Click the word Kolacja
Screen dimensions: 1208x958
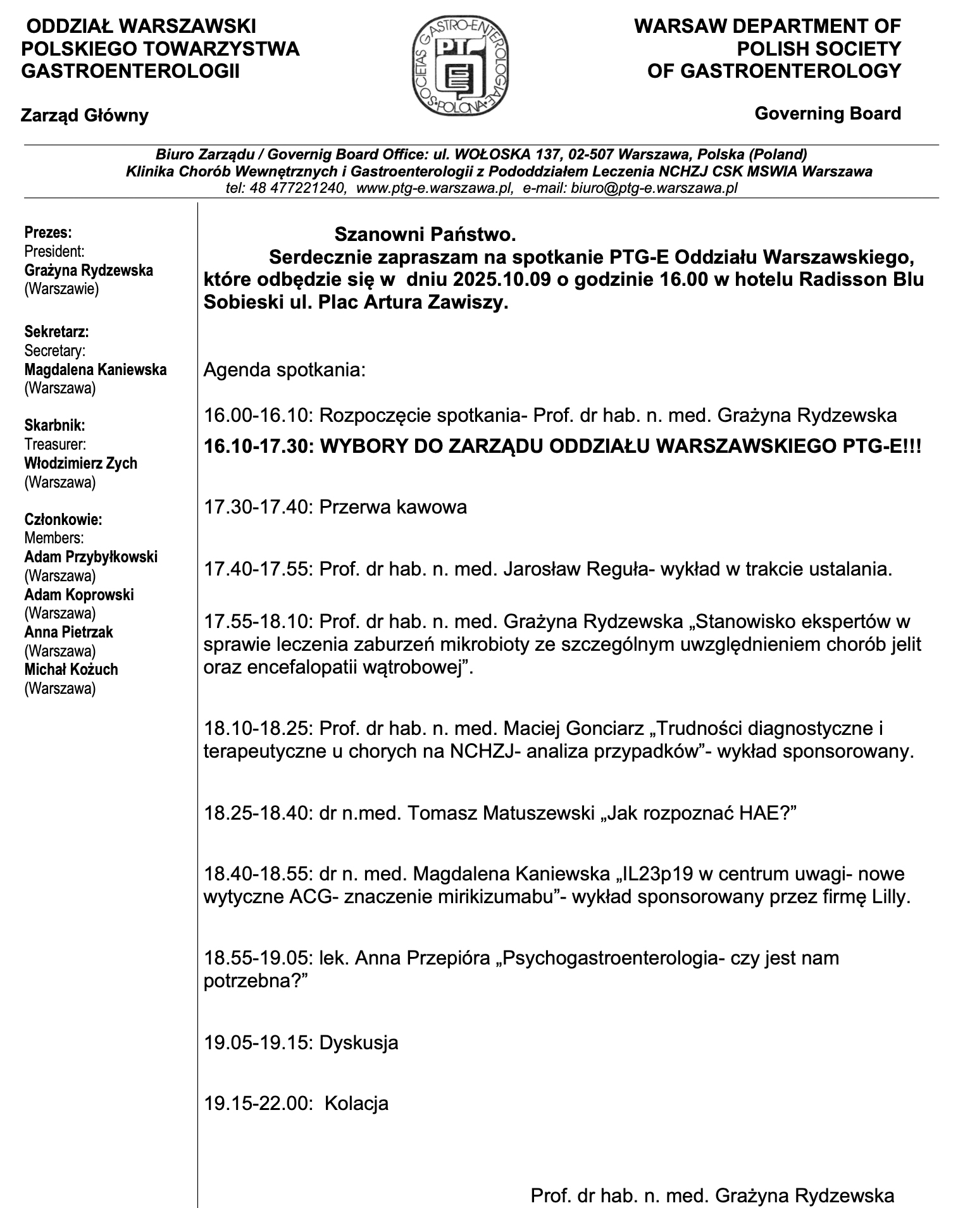356,1104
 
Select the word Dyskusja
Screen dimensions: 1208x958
359,1042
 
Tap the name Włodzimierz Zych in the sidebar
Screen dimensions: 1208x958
80,463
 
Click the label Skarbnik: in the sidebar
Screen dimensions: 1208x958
54,426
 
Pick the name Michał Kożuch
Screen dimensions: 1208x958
71,669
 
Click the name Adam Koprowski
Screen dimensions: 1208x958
79,595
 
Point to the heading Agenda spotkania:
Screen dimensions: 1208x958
284,369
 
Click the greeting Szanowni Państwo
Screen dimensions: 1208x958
425,235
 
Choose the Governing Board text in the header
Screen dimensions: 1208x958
827,114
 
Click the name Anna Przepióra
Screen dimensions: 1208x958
421,958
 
